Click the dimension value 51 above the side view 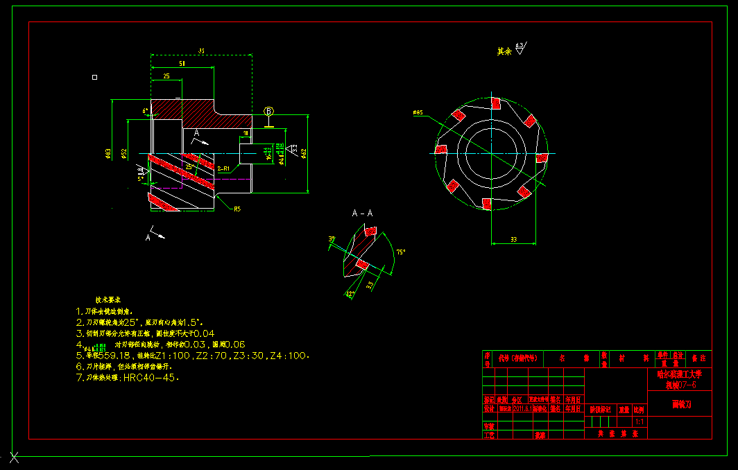pos(182,63)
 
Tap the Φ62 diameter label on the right pos(304,153)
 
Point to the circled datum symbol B pos(269,112)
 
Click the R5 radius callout pos(237,209)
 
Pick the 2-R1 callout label pos(223,168)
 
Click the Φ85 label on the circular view pos(418,112)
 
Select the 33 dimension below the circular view pos(513,239)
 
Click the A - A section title pos(362,213)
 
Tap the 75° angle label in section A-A pos(400,252)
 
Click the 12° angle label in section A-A pos(350,294)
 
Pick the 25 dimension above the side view pos(166,76)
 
